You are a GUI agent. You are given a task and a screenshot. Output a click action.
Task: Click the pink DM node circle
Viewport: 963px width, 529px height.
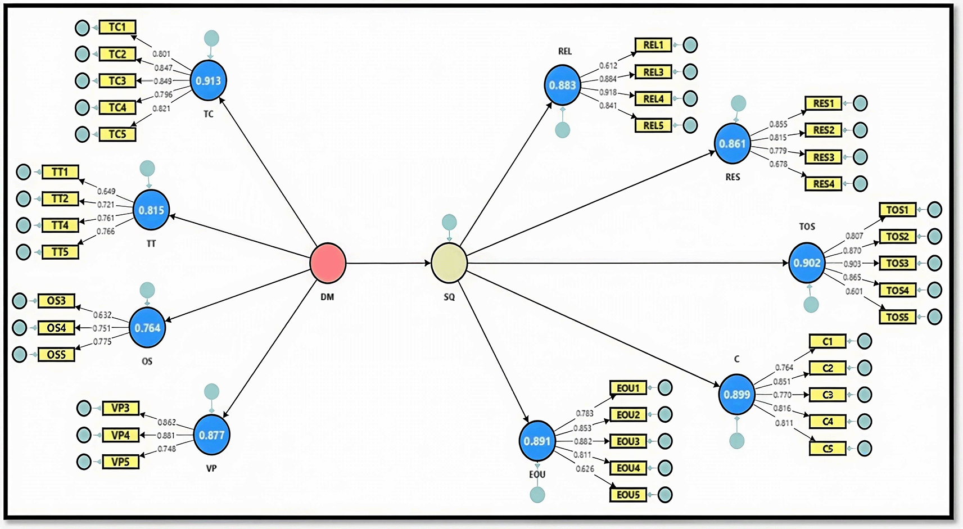pos(328,263)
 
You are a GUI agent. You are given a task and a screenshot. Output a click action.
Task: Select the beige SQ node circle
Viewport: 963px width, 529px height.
pos(449,263)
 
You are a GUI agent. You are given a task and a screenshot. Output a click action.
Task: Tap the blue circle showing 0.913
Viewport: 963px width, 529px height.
pos(209,81)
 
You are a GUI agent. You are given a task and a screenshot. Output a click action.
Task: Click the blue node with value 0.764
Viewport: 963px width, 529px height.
pos(147,328)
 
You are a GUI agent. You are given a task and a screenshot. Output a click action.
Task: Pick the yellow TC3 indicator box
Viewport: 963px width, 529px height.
pos(117,81)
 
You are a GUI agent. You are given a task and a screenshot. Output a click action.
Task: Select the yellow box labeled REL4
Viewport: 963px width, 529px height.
pos(653,99)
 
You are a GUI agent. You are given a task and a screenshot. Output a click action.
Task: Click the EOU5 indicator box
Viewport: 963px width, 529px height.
pos(628,495)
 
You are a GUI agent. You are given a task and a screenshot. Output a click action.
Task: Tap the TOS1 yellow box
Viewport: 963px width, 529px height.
pos(897,210)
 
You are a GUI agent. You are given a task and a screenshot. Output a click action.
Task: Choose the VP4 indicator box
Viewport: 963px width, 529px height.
pos(120,435)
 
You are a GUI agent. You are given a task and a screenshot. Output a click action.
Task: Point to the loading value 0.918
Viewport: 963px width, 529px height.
pos(608,92)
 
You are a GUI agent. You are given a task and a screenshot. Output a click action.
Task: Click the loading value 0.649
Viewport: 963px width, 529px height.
pos(106,191)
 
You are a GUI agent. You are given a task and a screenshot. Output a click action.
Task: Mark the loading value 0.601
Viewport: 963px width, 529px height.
pos(854,291)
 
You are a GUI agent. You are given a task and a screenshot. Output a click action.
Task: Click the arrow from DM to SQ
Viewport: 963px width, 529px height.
pos(388,263)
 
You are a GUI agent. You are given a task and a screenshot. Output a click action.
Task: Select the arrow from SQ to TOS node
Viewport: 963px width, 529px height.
pos(624,263)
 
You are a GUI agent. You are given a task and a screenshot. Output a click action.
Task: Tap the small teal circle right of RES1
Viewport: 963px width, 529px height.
pos(860,103)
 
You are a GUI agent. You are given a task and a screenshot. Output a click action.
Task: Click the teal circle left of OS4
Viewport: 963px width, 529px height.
pos(20,328)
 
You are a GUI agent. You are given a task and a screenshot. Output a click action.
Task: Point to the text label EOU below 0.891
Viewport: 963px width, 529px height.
pos(537,474)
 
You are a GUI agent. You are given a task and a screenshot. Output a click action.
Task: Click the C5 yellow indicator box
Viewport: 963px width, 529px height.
pos(828,449)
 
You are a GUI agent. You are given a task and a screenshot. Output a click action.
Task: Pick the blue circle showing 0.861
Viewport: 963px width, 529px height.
pos(733,144)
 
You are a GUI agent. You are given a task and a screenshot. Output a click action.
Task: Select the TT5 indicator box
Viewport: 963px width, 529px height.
pos(60,252)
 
